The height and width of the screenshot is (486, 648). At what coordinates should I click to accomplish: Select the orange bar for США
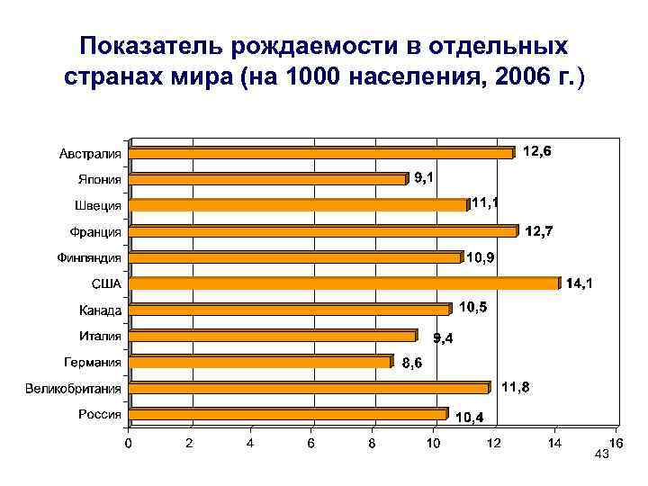[x=346, y=283]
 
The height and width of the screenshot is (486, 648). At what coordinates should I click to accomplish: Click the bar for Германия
[x=262, y=362]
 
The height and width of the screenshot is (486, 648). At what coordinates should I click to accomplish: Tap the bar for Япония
[x=269, y=179]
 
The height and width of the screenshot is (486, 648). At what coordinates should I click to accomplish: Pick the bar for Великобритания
[x=310, y=388]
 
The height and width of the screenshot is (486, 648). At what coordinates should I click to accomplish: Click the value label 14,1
[x=579, y=284]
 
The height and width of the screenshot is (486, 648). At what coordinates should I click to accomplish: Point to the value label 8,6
[x=411, y=364]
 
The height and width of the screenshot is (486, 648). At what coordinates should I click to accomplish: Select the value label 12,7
[x=539, y=232]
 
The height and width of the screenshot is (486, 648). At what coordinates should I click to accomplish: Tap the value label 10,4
[x=467, y=418]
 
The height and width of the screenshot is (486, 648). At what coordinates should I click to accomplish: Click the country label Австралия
[x=91, y=153]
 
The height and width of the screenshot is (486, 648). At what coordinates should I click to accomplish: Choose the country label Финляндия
[x=89, y=257]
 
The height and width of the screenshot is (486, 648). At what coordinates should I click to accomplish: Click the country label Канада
[x=99, y=310]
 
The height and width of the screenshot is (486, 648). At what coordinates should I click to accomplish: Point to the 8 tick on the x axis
[x=372, y=443]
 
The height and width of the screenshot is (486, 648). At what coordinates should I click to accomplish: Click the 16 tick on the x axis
[x=616, y=443]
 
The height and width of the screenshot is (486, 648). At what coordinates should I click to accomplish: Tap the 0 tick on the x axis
[x=128, y=443]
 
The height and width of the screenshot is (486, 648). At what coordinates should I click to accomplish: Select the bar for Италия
[x=274, y=336]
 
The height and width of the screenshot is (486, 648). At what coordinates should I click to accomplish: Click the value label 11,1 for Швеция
[x=485, y=203]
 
